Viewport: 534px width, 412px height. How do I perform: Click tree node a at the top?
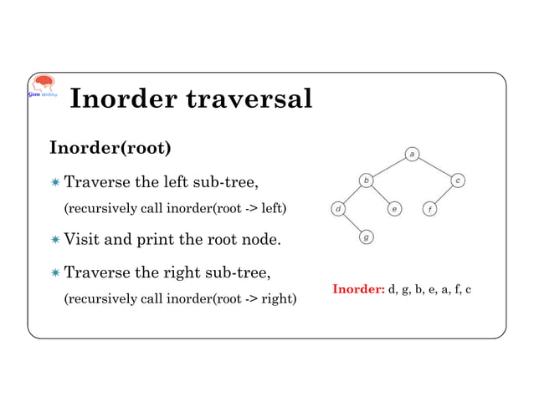point(413,153)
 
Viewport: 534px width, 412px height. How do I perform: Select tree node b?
point(366,180)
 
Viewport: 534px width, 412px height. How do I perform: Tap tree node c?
point(459,180)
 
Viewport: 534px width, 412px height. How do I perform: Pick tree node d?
point(336,208)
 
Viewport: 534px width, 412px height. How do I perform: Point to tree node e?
point(393,208)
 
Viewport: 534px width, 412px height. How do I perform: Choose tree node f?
point(429,208)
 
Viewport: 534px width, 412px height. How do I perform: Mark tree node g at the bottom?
point(367,237)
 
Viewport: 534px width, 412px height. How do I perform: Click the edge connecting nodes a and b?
point(389,166)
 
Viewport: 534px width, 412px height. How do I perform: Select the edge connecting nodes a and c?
point(435,166)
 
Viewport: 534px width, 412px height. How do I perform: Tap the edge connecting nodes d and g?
point(352,223)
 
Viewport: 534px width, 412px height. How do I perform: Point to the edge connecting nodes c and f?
point(444,194)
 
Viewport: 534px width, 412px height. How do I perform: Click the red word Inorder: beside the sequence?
point(358,290)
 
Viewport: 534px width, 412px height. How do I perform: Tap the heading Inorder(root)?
point(110,149)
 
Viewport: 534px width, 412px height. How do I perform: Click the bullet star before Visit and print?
point(54,242)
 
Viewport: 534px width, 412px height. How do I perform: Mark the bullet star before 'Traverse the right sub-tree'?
point(54,273)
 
